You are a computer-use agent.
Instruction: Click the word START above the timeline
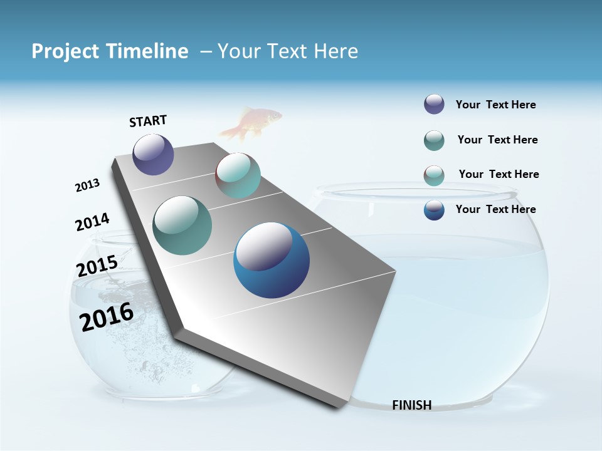[148, 121]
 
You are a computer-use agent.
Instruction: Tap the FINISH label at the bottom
[411, 405]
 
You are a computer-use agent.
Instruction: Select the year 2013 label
[87, 185]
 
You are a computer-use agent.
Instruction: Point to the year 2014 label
[92, 222]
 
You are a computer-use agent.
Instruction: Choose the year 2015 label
[97, 266]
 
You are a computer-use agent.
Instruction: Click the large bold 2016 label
[107, 316]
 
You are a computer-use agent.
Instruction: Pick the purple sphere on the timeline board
[153, 154]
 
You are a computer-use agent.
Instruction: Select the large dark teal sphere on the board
[182, 225]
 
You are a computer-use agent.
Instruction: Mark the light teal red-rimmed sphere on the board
[238, 175]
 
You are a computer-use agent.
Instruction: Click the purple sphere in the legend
[434, 105]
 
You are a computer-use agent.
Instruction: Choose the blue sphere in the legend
[434, 210]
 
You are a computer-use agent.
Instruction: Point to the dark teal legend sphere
[434, 140]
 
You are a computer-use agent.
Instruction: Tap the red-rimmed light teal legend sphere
[434, 175]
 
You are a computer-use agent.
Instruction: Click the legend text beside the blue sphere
[495, 209]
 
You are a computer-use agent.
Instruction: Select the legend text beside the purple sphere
[495, 105]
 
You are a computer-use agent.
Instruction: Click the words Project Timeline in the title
[110, 51]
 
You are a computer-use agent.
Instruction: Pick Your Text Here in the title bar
[288, 51]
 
